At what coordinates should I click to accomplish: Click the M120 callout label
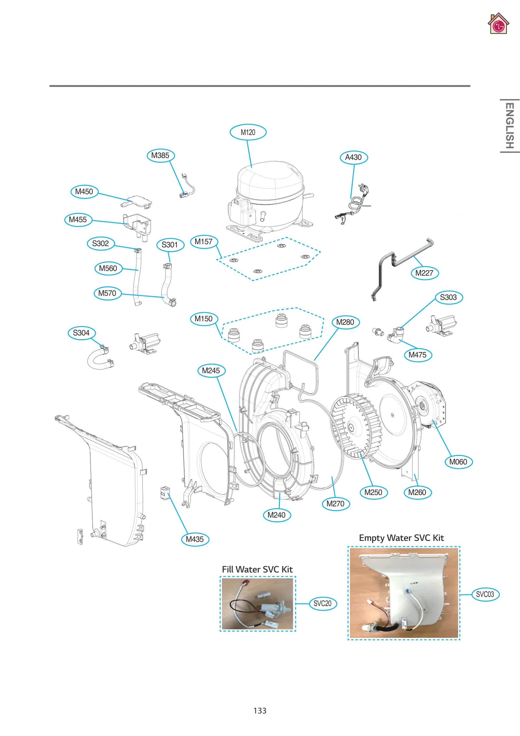tap(248, 132)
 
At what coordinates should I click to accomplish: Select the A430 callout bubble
tap(353, 157)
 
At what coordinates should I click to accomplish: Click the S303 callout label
tap(448, 297)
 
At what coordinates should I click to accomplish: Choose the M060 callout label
tap(458, 462)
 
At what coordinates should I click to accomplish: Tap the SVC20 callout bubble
tap(322, 604)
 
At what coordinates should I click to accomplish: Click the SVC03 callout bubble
tap(485, 595)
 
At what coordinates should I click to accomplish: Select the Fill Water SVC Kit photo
tap(257, 604)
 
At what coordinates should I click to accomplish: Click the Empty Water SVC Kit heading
tap(401, 538)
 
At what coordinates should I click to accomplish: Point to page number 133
tap(260, 711)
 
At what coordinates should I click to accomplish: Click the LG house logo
tap(498, 24)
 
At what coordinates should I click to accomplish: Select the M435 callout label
tap(195, 539)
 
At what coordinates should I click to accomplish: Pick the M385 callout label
tap(160, 155)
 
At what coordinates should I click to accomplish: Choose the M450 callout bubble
tap(84, 192)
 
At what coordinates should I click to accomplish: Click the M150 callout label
tap(203, 319)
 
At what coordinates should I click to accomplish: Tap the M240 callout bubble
tap(276, 515)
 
